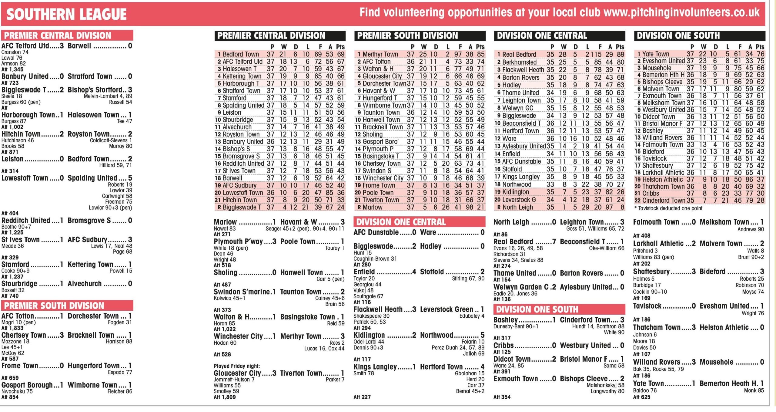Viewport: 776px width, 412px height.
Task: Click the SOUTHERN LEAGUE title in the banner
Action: click(x=66, y=14)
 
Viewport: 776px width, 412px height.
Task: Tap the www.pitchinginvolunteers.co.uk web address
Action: click(x=681, y=12)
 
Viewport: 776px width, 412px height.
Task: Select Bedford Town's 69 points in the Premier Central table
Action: click(x=341, y=54)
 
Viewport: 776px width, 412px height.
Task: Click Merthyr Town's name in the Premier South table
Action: click(x=380, y=54)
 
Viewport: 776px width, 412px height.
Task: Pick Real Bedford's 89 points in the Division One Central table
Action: click(x=620, y=55)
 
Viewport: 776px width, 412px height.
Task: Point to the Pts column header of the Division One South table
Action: click(x=760, y=47)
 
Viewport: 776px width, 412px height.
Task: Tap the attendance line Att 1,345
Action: click(x=12, y=69)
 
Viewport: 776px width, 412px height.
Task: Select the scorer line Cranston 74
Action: click(x=15, y=52)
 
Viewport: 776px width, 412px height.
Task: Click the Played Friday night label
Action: click(x=237, y=366)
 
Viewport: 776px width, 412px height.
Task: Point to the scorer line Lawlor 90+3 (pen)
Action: click(x=110, y=208)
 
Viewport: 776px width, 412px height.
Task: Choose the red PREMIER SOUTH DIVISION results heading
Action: click(x=54, y=306)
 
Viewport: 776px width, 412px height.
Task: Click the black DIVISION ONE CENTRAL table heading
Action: click(x=542, y=36)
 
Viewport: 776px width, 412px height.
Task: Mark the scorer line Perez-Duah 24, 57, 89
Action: click(x=458, y=348)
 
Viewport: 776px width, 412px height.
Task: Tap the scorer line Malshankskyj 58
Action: click(x=605, y=385)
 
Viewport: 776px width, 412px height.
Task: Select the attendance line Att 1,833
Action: click(x=12, y=328)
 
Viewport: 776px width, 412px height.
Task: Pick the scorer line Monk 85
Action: click(x=754, y=391)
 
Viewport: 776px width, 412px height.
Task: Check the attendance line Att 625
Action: click(x=641, y=397)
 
